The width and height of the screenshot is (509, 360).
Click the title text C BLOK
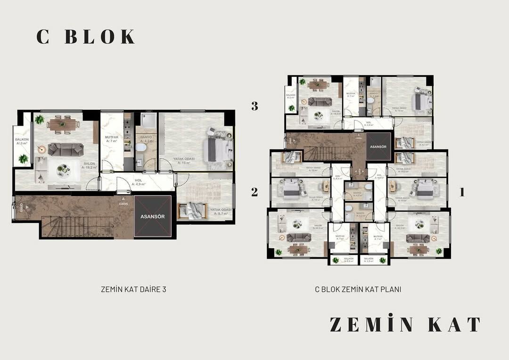(x=85, y=37)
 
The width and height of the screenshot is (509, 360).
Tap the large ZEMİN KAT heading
(x=405, y=325)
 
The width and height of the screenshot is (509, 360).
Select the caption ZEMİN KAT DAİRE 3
(x=133, y=289)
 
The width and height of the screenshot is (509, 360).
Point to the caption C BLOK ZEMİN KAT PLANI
(x=358, y=289)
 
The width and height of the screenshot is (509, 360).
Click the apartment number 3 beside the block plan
(x=254, y=106)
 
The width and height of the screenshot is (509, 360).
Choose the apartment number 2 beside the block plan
(x=254, y=192)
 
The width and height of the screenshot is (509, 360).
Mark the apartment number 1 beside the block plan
(x=462, y=192)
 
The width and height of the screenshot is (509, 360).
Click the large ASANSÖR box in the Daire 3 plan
(x=152, y=217)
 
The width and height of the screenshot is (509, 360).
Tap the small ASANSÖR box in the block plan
(x=378, y=147)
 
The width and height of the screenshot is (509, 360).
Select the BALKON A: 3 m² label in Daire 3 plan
(x=22, y=141)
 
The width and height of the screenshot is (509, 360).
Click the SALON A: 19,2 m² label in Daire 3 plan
(x=89, y=165)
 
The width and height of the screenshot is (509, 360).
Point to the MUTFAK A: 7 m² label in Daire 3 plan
(x=111, y=139)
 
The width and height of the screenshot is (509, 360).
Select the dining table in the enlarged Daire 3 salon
(x=63, y=124)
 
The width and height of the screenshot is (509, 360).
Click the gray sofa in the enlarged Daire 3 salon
(x=66, y=149)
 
